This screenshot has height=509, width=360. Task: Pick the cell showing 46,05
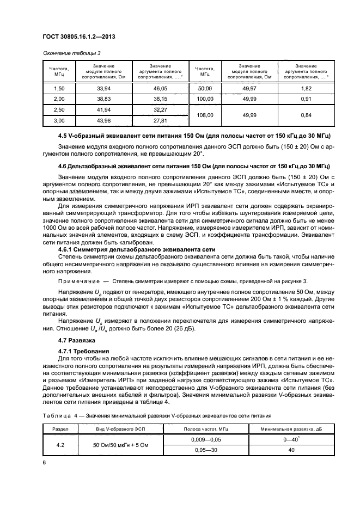tap(160, 88)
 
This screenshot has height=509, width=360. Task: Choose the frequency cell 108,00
tap(204, 115)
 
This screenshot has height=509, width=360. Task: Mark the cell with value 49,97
tap(249, 88)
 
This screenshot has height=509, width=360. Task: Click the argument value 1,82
tap(306, 88)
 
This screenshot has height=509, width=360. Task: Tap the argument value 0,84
tap(306, 115)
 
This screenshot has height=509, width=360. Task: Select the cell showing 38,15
tap(160, 99)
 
